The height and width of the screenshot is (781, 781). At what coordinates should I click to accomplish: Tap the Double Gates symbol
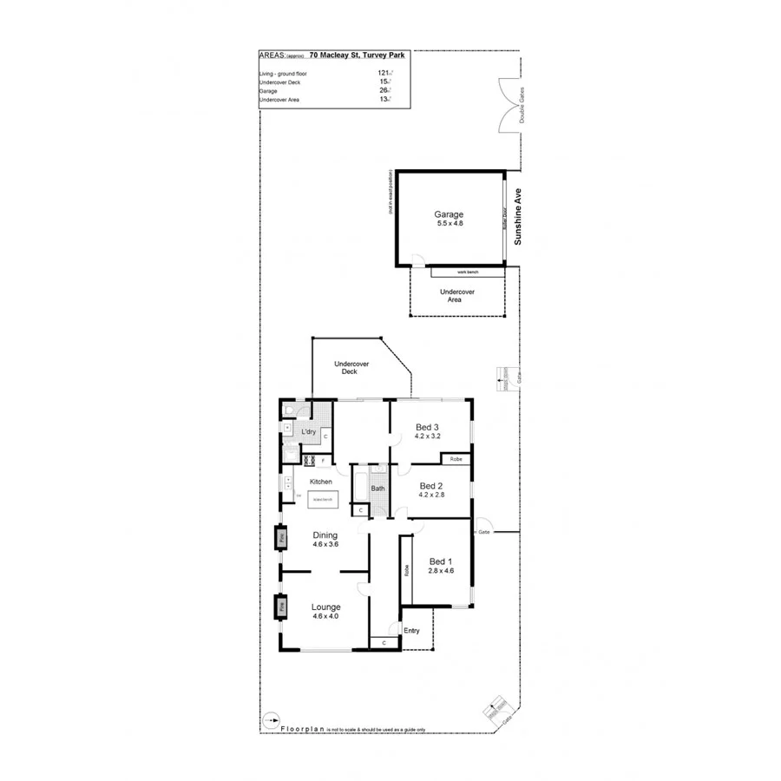tap(510, 106)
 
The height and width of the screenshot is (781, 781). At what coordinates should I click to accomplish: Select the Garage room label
tap(449, 214)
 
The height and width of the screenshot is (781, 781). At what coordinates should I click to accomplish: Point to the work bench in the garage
tap(468, 272)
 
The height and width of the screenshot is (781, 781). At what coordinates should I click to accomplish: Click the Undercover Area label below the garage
tap(456, 296)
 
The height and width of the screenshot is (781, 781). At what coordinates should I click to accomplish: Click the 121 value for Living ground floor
tap(384, 74)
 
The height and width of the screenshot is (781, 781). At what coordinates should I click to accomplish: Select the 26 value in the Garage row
tap(384, 90)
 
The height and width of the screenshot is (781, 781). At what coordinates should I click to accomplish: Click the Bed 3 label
tap(427, 427)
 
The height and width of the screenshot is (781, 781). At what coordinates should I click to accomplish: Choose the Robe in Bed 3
tap(456, 458)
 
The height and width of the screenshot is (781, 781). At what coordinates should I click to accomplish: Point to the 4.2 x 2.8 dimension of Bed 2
tap(431, 496)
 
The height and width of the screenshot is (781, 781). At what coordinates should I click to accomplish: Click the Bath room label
tap(377, 489)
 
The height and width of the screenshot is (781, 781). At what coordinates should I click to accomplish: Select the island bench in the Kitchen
tap(322, 499)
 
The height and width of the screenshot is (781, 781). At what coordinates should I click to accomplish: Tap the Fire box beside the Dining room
tap(282, 539)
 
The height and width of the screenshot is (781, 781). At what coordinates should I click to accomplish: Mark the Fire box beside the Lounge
tap(282, 607)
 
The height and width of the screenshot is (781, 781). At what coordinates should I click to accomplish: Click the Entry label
tap(411, 631)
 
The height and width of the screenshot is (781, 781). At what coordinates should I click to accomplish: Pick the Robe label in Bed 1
tap(405, 571)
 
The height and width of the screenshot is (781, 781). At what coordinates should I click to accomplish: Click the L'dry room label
tap(307, 431)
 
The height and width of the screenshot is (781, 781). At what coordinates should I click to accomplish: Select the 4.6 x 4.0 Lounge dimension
tap(325, 617)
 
